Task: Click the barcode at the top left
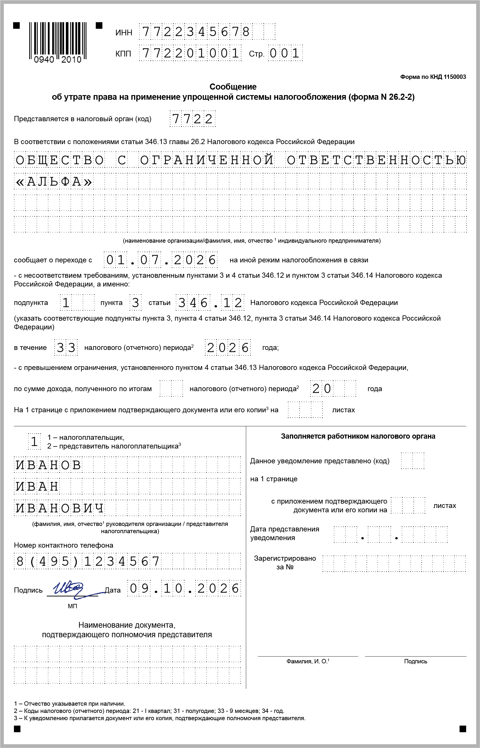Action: coord(58,42)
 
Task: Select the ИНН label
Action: coord(124,33)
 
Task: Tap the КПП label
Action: coord(123,54)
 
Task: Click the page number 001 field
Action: coord(285,53)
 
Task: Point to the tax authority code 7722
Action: coord(192,119)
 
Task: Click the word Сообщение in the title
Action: coord(233,87)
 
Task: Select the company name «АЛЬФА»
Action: coord(54,181)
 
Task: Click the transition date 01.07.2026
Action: coord(160,260)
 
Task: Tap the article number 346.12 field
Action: coord(210,302)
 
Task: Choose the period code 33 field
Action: coord(66,347)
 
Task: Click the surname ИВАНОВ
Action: coord(48,465)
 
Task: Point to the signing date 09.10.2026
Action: coord(184,588)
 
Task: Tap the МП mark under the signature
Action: coord(72,606)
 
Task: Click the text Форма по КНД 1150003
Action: coord(433,77)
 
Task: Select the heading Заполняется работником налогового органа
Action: coord(358,436)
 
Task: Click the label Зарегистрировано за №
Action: coord(285,562)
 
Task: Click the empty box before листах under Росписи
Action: coord(305,410)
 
